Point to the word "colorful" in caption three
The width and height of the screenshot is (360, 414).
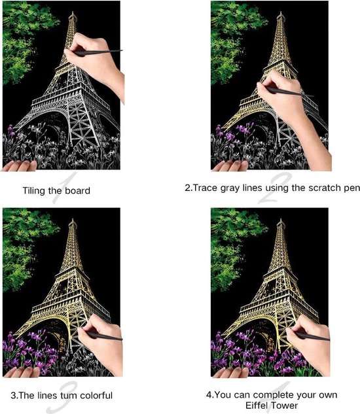tap(96, 395)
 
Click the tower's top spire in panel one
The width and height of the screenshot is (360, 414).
tap(73, 14)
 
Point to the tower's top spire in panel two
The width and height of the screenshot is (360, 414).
tap(281, 14)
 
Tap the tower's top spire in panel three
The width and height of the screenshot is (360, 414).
tap(73, 220)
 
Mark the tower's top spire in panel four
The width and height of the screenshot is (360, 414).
tap(281, 220)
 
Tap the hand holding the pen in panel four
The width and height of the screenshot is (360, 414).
tap(309, 343)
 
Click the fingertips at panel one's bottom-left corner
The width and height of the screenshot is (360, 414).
tap(20, 166)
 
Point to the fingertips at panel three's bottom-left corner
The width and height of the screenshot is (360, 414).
tap(21, 372)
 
